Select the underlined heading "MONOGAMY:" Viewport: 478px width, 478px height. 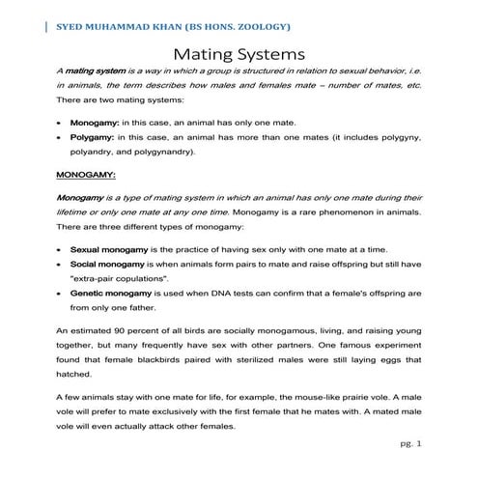87,177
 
